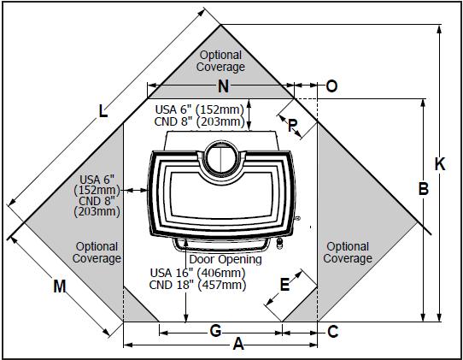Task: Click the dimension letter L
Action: (103, 111)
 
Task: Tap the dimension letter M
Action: (60, 286)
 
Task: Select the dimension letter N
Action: (223, 86)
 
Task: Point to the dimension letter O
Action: (331, 86)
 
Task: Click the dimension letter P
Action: (292, 126)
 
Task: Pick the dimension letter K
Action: (440, 163)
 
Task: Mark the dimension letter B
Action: (424, 188)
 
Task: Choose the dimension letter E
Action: (284, 285)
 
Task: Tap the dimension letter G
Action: (215, 330)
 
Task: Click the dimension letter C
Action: (333, 332)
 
